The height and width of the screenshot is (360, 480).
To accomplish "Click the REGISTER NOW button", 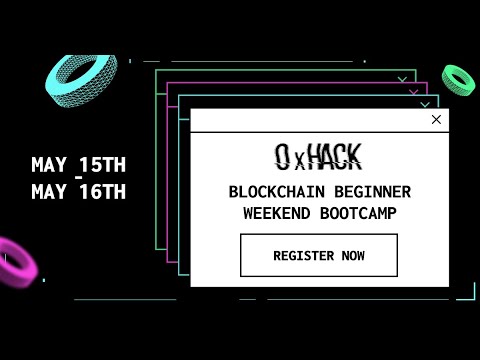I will point(318,255).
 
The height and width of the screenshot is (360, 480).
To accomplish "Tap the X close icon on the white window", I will point(436,120).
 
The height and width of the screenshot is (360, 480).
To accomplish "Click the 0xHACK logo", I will point(318,156).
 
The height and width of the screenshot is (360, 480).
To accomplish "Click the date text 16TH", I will point(102,192).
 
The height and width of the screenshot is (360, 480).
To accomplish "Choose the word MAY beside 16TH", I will point(49,192).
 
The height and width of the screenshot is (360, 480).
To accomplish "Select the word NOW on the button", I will point(352,255).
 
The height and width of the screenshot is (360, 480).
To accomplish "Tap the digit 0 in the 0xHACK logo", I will point(284,156).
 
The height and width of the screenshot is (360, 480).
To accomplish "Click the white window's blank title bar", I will point(300,120).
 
